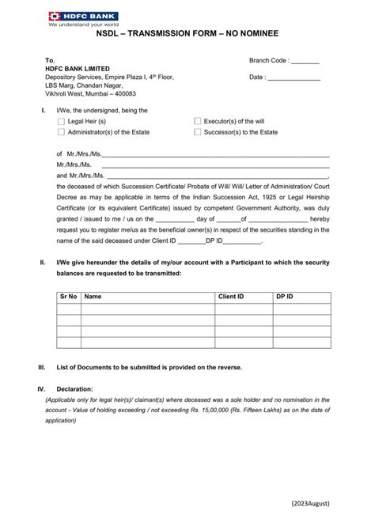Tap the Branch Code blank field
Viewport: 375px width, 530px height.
point(305,61)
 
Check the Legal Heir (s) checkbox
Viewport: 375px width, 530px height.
point(62,122)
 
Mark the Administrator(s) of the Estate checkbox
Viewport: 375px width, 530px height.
point(62,133)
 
